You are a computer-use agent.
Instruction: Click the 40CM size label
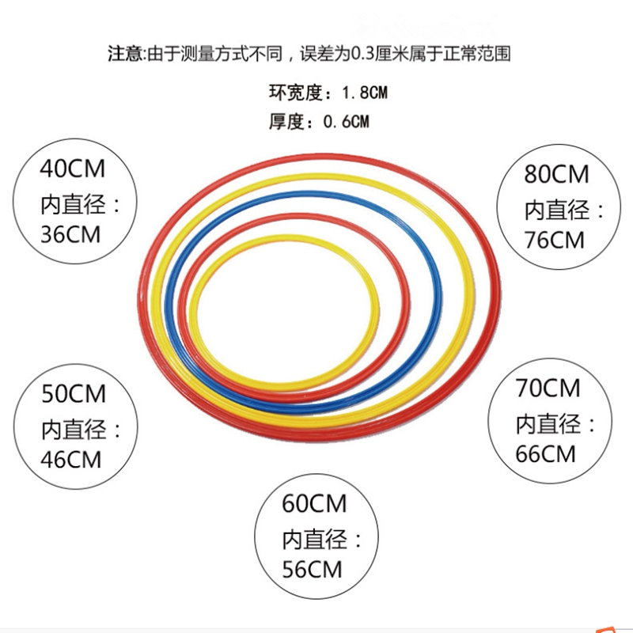[71, 169]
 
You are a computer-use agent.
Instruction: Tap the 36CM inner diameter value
[71, 236]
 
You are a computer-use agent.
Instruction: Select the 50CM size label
[71, 393]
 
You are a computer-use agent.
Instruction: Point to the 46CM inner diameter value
[71, 459]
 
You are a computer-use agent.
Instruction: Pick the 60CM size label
[313, 502]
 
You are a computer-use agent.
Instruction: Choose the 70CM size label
[547, 388]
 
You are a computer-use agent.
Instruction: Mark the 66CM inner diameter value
[547, 454]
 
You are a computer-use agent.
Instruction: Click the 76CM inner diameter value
[554, 239]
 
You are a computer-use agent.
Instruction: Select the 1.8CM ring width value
[363, 93]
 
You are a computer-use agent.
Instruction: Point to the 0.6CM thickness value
[345, 122]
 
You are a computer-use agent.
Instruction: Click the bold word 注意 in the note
[125, 55]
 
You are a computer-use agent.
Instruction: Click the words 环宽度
[296, 93]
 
